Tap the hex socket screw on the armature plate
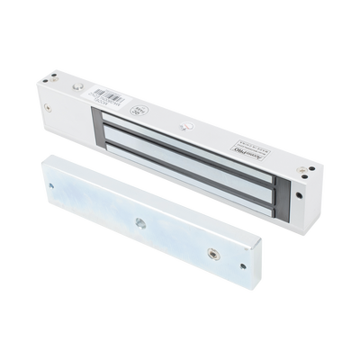click(x=213, y=256)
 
